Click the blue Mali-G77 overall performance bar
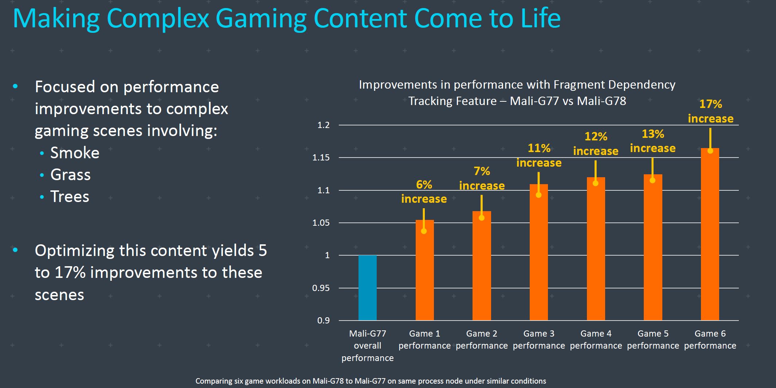pyautogui.click(x=367, y=288)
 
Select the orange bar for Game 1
pyautogui.click(x=424, y=273)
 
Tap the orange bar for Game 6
pyautogui.click(x=710, y=237)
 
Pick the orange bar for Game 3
pyautogui.click(x=538, y=255)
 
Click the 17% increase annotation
pyautogui.click(x=710, y=111)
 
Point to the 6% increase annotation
pyautogui.click(x=424, y=191)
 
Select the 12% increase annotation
pyautogui.click(x=596, y=144)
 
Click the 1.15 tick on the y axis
pyautogui.click(x=321, y=158)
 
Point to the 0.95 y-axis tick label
pyautogui.click(x=321, y=288)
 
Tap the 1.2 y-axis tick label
pyautogui.click(x=324, y=125)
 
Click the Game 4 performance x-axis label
pyautogui.click(x=596, y=339)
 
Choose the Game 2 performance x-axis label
pyautogui.click(x=482, y=339)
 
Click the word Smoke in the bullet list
pyautogui.click(x=75, y=153)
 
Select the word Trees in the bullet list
pyautogui.click(x=70, y=197)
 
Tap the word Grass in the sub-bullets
pyautogui.click(x=70, y=175)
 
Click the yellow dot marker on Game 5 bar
pyautogui.click(x=652, y=180)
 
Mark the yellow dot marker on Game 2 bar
pyautogui.click(x=482, y=218)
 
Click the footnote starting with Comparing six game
pyautogui.click(x=371, y=381)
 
